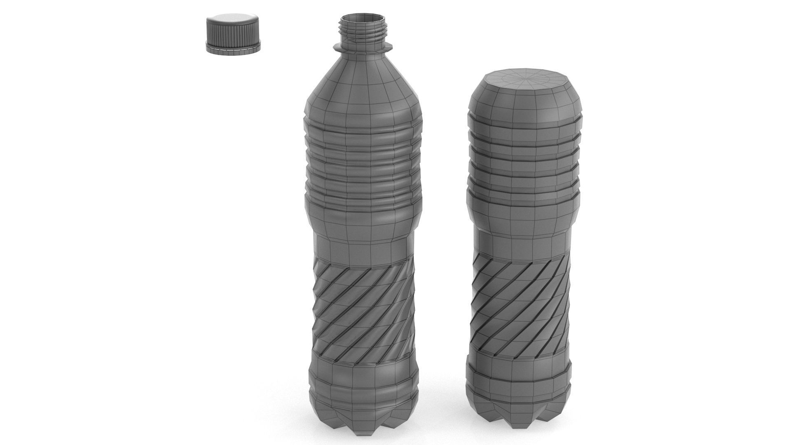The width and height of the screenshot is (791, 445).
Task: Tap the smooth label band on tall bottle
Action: pyautogui.click(x=363, y=247)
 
